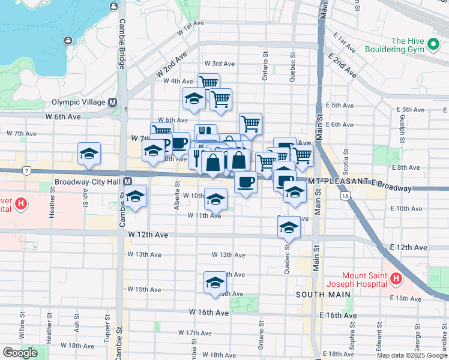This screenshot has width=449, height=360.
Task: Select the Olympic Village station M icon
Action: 112,103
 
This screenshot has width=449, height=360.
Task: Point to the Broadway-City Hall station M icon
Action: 127,181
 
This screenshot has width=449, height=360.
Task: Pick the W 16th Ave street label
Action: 209,313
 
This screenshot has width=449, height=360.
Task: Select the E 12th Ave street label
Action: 408,247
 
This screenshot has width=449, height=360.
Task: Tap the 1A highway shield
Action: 345,196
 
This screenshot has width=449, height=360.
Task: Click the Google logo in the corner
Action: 20,352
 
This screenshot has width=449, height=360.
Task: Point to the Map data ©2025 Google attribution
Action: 412,355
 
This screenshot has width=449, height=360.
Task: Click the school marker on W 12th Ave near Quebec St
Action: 289,228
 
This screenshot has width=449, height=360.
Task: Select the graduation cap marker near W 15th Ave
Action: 214,283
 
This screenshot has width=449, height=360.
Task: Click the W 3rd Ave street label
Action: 219,64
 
